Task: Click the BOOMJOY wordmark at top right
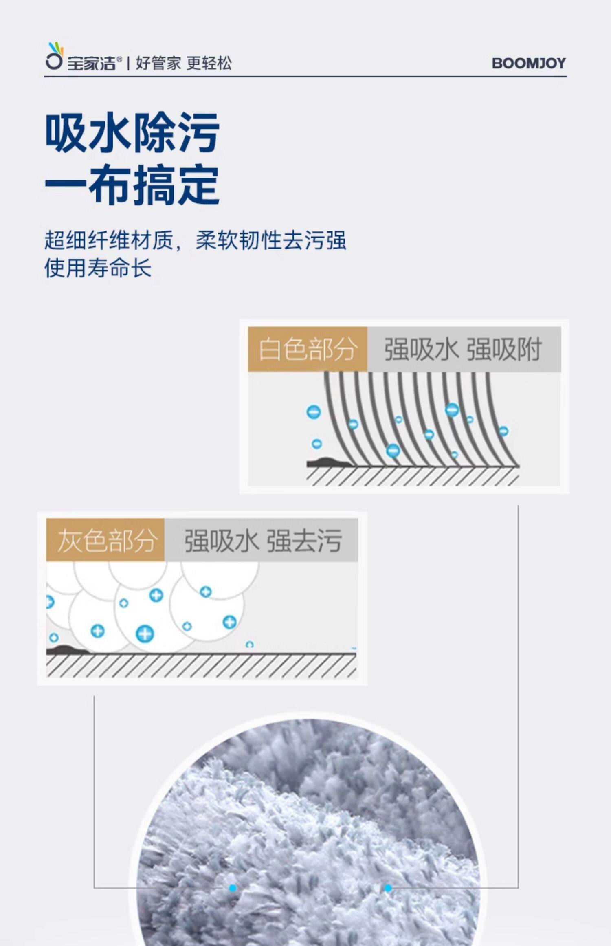pos(529,63)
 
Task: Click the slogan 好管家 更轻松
pos(184,63)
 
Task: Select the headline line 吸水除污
pos(132,132)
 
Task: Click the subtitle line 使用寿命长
pos(98,268)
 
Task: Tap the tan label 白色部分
pos(308,349)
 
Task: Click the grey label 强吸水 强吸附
pos(463,349)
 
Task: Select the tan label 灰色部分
pos(105,541)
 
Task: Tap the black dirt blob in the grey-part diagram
pos(65,649)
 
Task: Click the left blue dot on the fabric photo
pos(233,888)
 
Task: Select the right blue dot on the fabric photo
pos(388,888)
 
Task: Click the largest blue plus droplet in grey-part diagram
pos(145,634)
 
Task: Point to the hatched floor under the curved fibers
pos(412,476)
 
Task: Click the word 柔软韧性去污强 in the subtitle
pos(271,240)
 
